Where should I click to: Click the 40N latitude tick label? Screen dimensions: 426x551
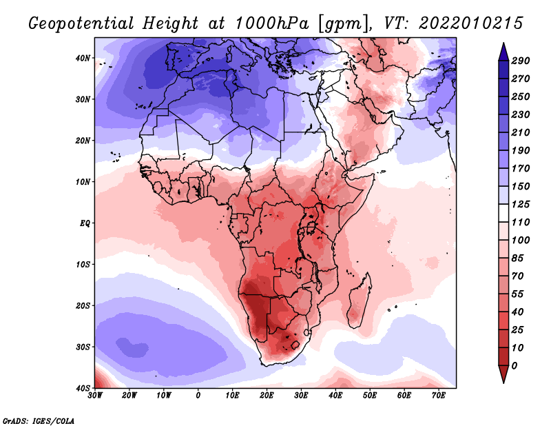pos(83,58)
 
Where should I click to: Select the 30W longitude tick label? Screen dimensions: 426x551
pos(95,396)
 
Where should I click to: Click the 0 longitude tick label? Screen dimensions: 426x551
pos(198,396)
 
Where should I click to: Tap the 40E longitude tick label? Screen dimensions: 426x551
pos(335,396)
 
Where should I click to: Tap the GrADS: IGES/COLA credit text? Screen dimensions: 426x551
pos(38,420)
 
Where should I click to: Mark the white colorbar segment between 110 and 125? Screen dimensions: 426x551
pos(503,214)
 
